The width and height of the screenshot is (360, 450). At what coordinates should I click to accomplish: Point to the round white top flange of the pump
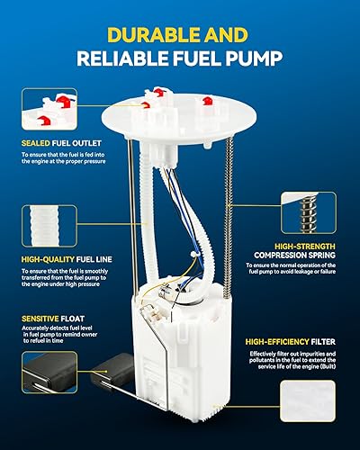pyautogui.click(x=180, y=121)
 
